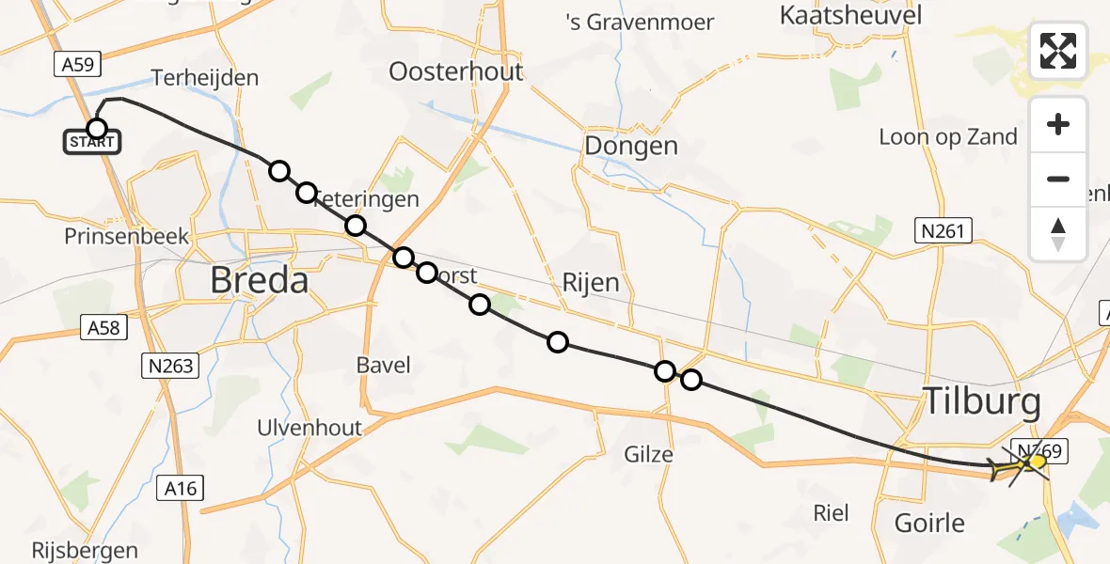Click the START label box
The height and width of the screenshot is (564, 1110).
[92, 143]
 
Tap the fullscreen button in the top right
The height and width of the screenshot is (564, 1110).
[1058, 51]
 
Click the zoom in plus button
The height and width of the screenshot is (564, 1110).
[1058, 124]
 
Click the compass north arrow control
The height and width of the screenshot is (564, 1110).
[1058, 234]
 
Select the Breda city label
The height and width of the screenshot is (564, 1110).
[259, 279]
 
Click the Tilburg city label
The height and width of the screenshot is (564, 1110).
[982, 403]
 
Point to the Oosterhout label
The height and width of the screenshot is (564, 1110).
[455, 72]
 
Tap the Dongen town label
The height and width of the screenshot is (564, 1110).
[630, 146]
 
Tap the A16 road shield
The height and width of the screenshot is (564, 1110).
[179, 488]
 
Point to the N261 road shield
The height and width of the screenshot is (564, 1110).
[943, 230]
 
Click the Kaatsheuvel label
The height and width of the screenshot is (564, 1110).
[850, 15]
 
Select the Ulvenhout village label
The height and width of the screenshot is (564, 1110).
[309, 428]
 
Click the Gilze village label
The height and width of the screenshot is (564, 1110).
[649, 455]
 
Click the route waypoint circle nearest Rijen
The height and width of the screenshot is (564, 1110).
[558, 341]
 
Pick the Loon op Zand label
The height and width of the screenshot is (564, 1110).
[947, 137]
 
